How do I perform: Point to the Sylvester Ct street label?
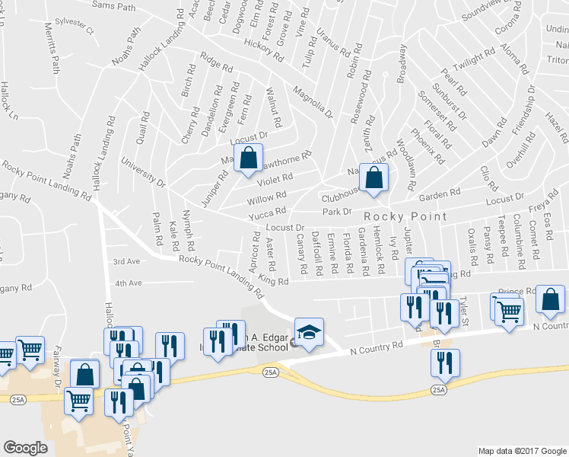(x=78, y=32)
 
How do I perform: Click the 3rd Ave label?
(x=127, y=261)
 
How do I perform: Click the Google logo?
(x=25, y=447)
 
